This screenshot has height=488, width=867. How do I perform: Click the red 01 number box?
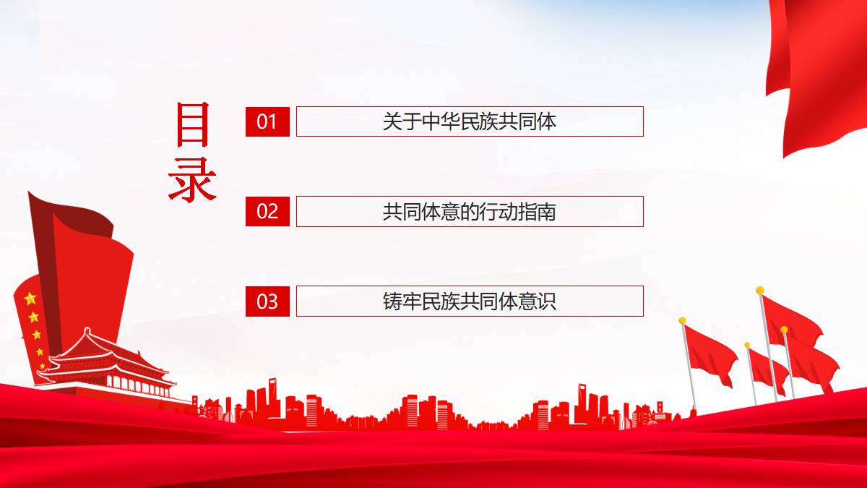(267, 121)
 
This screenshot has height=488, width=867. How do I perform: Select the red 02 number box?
(267, 211)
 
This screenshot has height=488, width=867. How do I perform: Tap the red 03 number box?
(267, 301)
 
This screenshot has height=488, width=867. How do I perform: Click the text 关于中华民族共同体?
(469, 121)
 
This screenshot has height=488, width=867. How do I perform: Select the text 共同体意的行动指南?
(469, 211)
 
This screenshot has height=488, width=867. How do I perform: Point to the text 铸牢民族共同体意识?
(469, 301)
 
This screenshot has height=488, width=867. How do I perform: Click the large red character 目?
(193, 124)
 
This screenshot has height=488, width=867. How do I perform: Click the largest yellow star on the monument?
(30, 299)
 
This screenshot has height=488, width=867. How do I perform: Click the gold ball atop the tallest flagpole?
(760, 290)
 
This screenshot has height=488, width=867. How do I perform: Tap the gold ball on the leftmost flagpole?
(682, 321)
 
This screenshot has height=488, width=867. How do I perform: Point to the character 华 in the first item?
(450, 121)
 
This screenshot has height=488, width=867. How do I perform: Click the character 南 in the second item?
(546, 211)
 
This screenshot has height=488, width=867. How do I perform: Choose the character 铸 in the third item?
(392, 301)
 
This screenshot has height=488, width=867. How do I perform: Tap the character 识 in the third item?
(546, 301)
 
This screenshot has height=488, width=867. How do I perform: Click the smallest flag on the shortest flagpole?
(768, 371)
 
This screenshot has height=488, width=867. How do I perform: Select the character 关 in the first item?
(392, 121)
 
